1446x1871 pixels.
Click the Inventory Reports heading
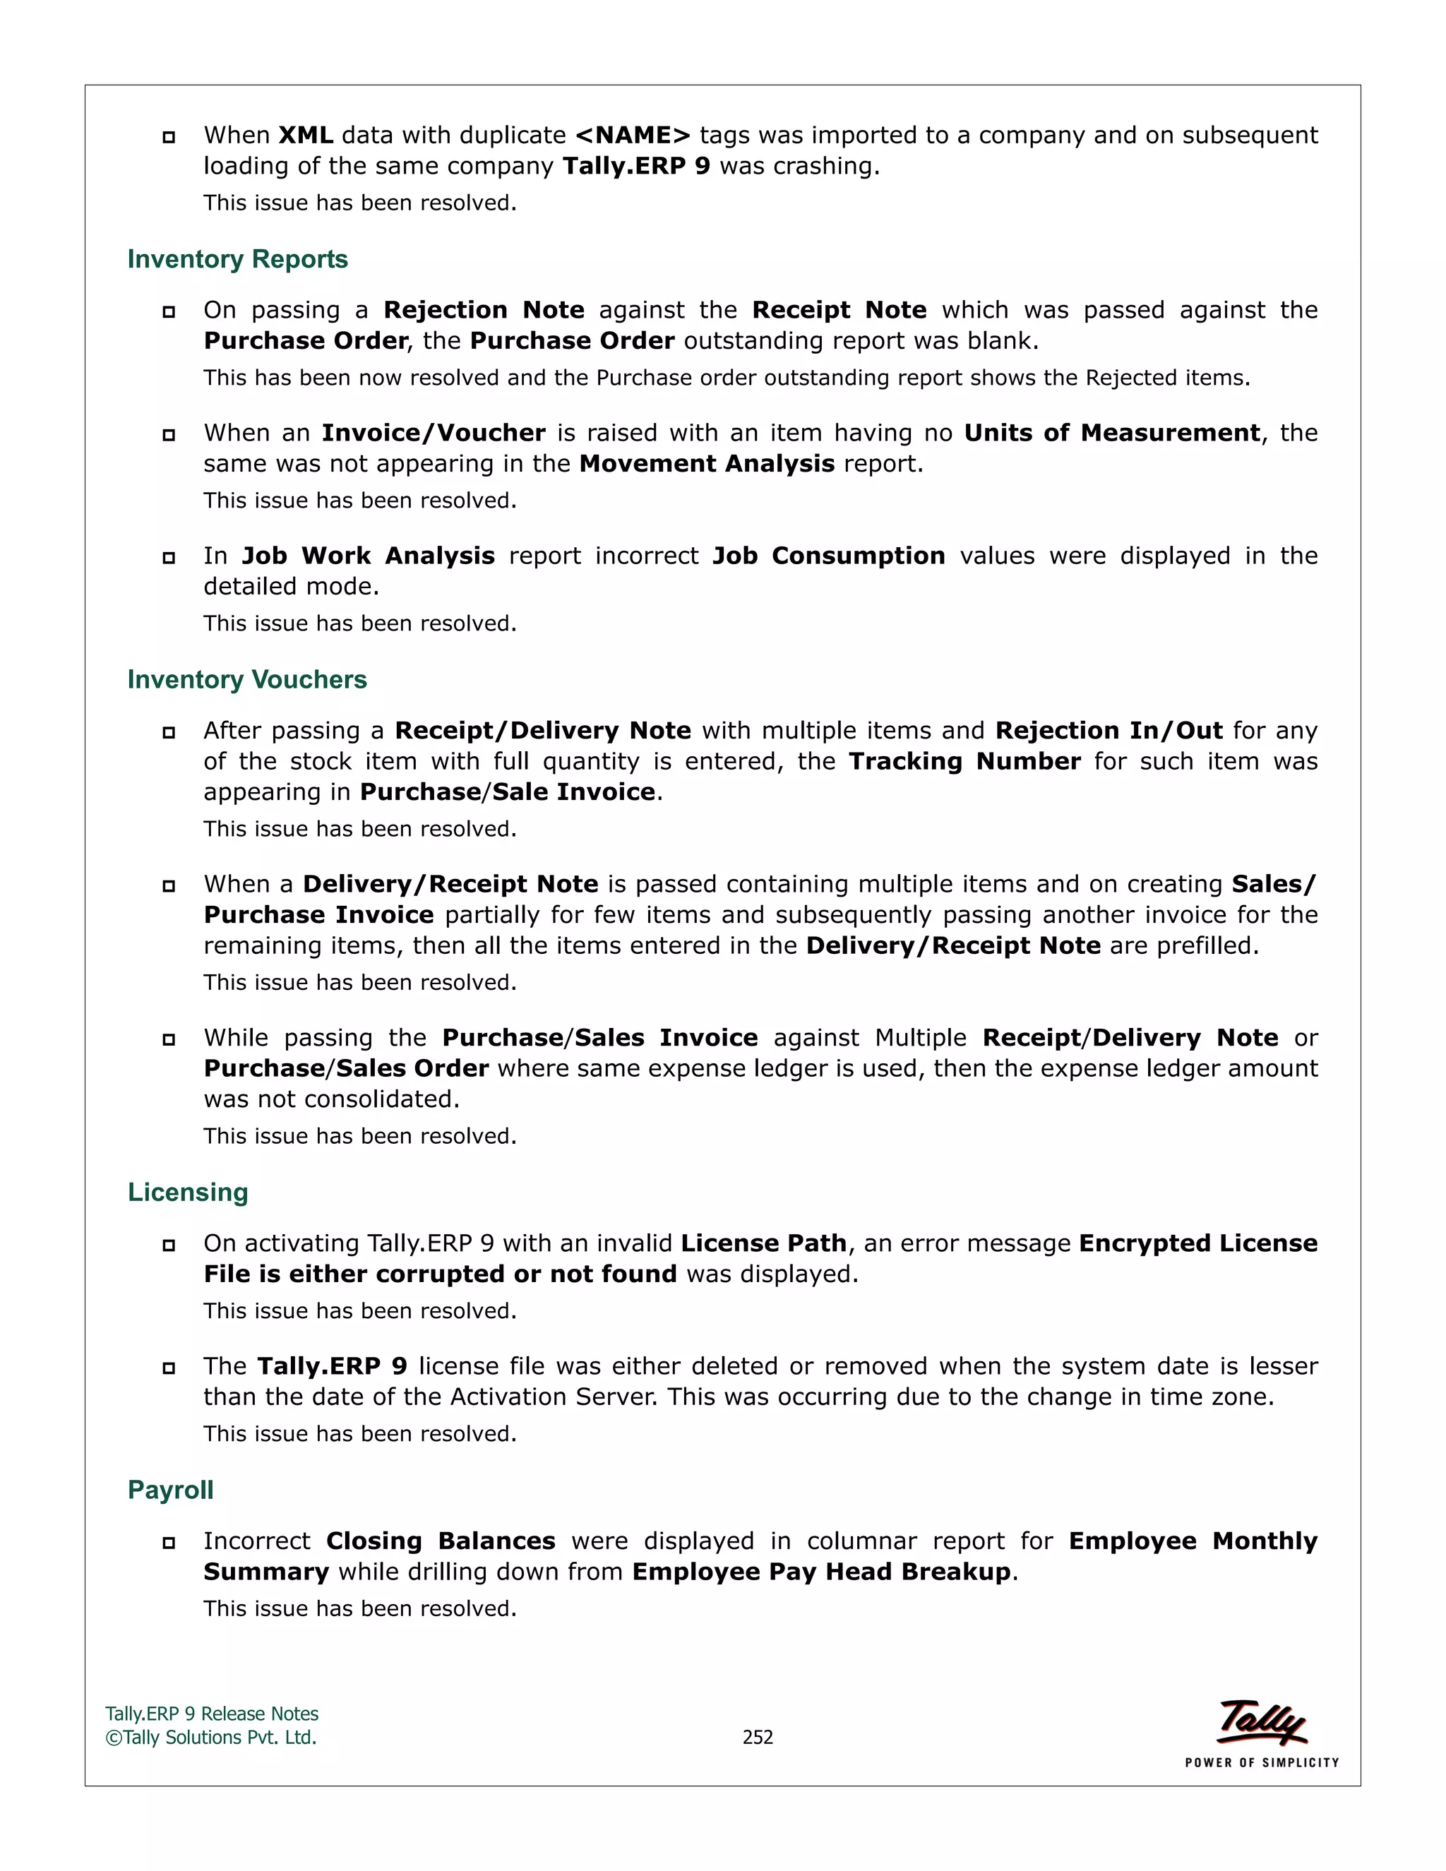coord(237,258)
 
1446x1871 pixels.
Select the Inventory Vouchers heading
coord(246,679)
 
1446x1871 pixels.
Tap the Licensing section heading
coord(188,1192)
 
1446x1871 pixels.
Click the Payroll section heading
coord(170,1489)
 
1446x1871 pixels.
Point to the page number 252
coord(758,1737)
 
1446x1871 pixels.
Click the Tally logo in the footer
coord(1262,1722)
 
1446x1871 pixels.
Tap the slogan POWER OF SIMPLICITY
coord(1262,1762)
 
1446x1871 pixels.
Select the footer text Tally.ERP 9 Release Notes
coord(212,1714)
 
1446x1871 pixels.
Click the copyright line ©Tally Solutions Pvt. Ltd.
coord(210,1738)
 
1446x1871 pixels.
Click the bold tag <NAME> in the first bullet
coord(633,136)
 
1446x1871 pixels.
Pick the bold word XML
coord(306,136)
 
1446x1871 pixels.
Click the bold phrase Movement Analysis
coord(707,463)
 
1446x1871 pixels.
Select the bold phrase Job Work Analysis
coord(369,556)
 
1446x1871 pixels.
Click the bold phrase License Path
coord(763,1243)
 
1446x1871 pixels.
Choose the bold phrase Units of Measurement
coord(1112,433)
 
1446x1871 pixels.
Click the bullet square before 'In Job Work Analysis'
coord(169,558)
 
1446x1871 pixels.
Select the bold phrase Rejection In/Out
coord(1109,730)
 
